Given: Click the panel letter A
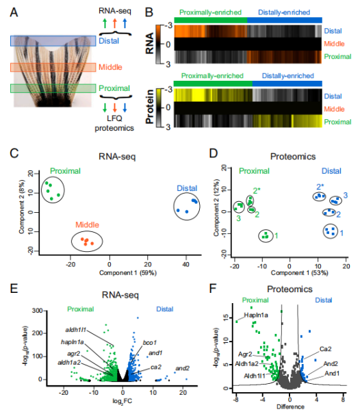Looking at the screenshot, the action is coord(14,12).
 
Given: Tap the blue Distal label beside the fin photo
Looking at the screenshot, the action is coord(109,41).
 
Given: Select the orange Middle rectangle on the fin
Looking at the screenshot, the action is coord(53,67).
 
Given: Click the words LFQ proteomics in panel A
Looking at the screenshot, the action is coord(114,123).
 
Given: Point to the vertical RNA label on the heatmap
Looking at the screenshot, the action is coord(150,44).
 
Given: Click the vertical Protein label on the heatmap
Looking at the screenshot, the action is coord(150,106).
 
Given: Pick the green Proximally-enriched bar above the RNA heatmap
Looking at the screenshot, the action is coord(211,20).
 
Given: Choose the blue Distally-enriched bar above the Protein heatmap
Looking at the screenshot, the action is coord(287,83).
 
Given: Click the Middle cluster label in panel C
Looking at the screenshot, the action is coord(87,224).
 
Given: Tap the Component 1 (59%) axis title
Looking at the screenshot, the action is coord(128,273).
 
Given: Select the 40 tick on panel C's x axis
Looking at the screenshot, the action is coord(186,264).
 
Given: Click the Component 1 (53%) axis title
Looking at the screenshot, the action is coord(300,273).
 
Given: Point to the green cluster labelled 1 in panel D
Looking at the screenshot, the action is coord(266,236).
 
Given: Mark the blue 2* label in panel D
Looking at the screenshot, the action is coord(320,187).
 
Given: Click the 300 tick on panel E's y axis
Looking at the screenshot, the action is coord(37,311).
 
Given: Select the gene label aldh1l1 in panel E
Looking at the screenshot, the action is coord(76,330).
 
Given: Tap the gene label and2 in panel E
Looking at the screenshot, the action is coord(183,368).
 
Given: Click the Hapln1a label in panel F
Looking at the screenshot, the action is coord(256,315).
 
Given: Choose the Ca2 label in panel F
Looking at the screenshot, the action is coord(325,349).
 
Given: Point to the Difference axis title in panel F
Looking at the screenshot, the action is coord(290,407).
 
